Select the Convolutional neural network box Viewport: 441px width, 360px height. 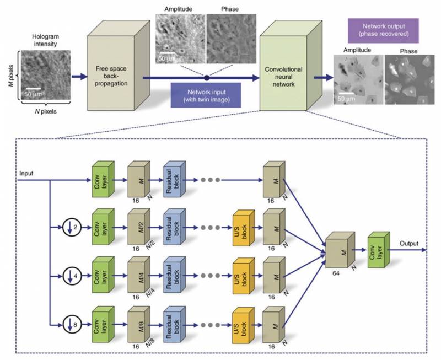[281, 78]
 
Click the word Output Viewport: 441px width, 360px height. [409, 243]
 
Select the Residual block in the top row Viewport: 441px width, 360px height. [174, 180]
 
